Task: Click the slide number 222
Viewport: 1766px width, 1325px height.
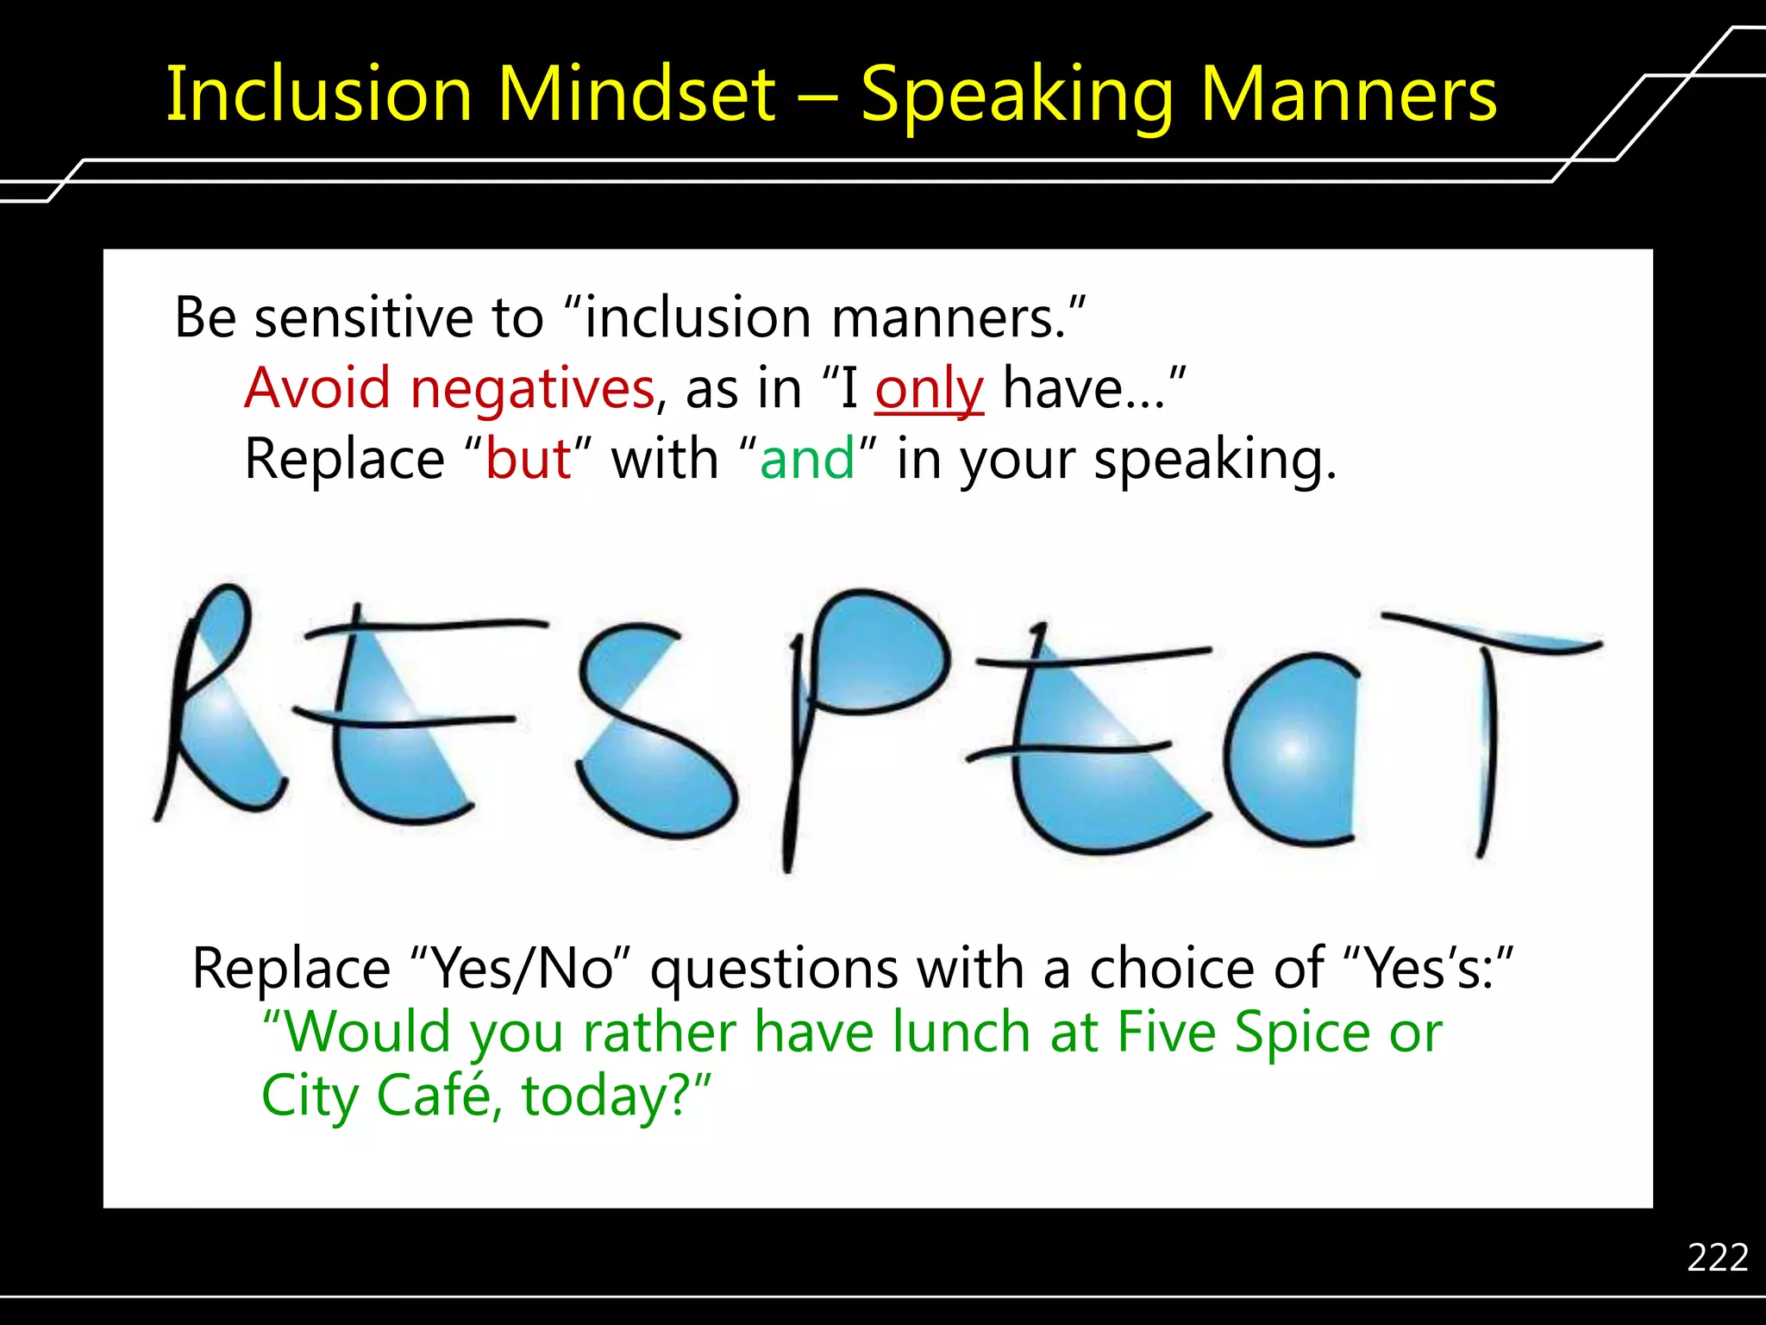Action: [x=1717, y=1257]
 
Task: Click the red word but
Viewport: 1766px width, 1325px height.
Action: [x=528, y=459]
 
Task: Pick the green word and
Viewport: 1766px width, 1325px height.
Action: [x=806, y=459]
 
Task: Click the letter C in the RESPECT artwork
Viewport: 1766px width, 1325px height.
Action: [x=1289, y=750]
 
